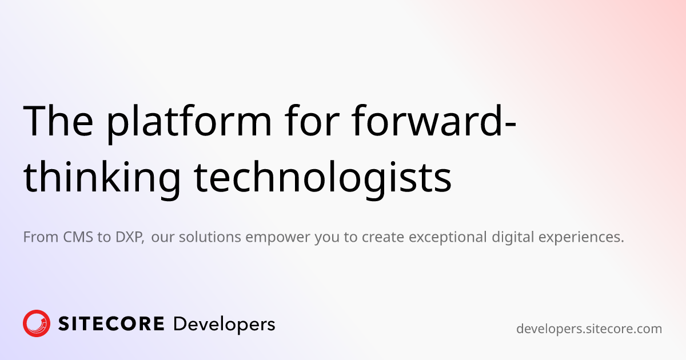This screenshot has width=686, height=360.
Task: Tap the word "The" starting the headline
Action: (x=58, y=121)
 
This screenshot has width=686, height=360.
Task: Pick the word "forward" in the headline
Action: (x=426, y=120)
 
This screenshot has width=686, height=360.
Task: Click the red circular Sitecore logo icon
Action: (x=37, y=323)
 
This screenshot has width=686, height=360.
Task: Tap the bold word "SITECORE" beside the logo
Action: (x=111, y=324)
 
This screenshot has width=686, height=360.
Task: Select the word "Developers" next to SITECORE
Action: (x=224, y=325)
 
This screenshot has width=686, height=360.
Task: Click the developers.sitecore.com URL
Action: (x=589, y=329)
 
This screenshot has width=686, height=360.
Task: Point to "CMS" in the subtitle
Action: (x=78, y=237)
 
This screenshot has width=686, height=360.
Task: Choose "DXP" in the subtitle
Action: (x=128, y=237)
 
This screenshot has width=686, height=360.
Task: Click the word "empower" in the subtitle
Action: (x=278, y=238)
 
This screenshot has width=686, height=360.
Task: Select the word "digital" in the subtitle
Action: (x=513, y=237)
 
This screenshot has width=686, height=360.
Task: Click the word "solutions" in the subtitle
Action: (x=210, y=237)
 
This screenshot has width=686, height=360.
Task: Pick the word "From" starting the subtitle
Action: (x=41, y=237)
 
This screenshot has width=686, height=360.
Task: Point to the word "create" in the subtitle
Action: (x=383, y=238)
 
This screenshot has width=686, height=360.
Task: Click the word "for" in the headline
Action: (x=312, y=120)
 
